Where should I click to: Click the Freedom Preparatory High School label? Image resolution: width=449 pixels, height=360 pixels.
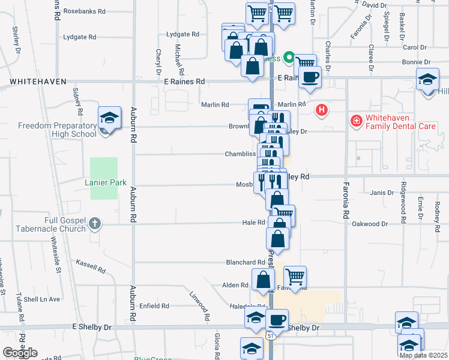click(x=57, y=130)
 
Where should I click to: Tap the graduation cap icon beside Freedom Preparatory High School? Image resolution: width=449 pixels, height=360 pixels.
click(x=110, y=118)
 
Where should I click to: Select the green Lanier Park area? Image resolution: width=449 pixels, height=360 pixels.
click(x=104, y=178)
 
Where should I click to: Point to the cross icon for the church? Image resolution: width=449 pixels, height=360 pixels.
click(x=94, y=224)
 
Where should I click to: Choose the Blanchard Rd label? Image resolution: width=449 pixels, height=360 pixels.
click(x=245, y=262)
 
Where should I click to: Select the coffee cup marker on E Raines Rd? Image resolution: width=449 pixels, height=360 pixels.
click(x=310, y=77)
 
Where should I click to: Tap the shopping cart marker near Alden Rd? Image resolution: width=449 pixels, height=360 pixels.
click(x=295, y=277)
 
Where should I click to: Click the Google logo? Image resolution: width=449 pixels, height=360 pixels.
click(x=20, y=353)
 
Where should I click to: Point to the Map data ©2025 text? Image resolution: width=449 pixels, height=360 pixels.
click(x=423, y=355)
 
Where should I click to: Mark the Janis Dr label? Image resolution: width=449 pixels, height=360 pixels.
click(x=382, y=193)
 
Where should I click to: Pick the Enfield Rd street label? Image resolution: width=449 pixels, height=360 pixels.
click(x=154, y=306)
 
